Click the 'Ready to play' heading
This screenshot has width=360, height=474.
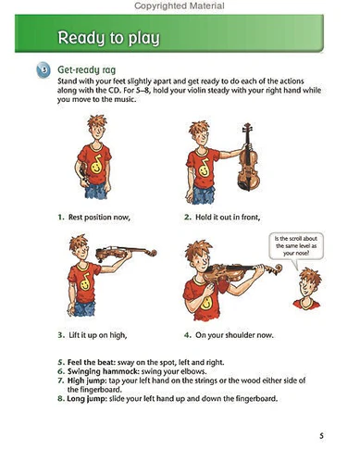click(108, 38)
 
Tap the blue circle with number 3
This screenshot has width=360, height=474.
click(43, 70)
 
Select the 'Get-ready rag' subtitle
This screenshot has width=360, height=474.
click(86, 70)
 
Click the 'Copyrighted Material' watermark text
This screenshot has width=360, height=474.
click(180, 6)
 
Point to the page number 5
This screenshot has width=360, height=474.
click(321, 436)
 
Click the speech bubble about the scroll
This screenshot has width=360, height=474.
click(296, 247)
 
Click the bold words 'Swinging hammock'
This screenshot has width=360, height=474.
click(103, 371)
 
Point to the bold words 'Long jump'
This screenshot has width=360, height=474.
click(87, 398)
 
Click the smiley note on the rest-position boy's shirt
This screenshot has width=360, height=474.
click(96, 165)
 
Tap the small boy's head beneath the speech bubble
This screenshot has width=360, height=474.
click(308, 284)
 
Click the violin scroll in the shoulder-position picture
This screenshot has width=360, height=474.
click(276, 269)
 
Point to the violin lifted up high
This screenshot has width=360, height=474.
click(126, 253)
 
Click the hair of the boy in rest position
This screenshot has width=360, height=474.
click(97, 121)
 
